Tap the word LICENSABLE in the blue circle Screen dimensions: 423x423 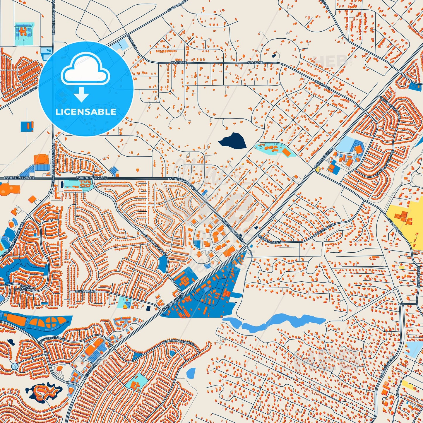tap(86, 112)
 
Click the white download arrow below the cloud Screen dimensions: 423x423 tap(81, 95)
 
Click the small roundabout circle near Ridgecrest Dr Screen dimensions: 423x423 tap(14, 366)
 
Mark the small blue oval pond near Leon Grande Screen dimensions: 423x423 tap(191, 373)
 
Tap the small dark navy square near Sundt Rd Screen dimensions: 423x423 tap(148, 308)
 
